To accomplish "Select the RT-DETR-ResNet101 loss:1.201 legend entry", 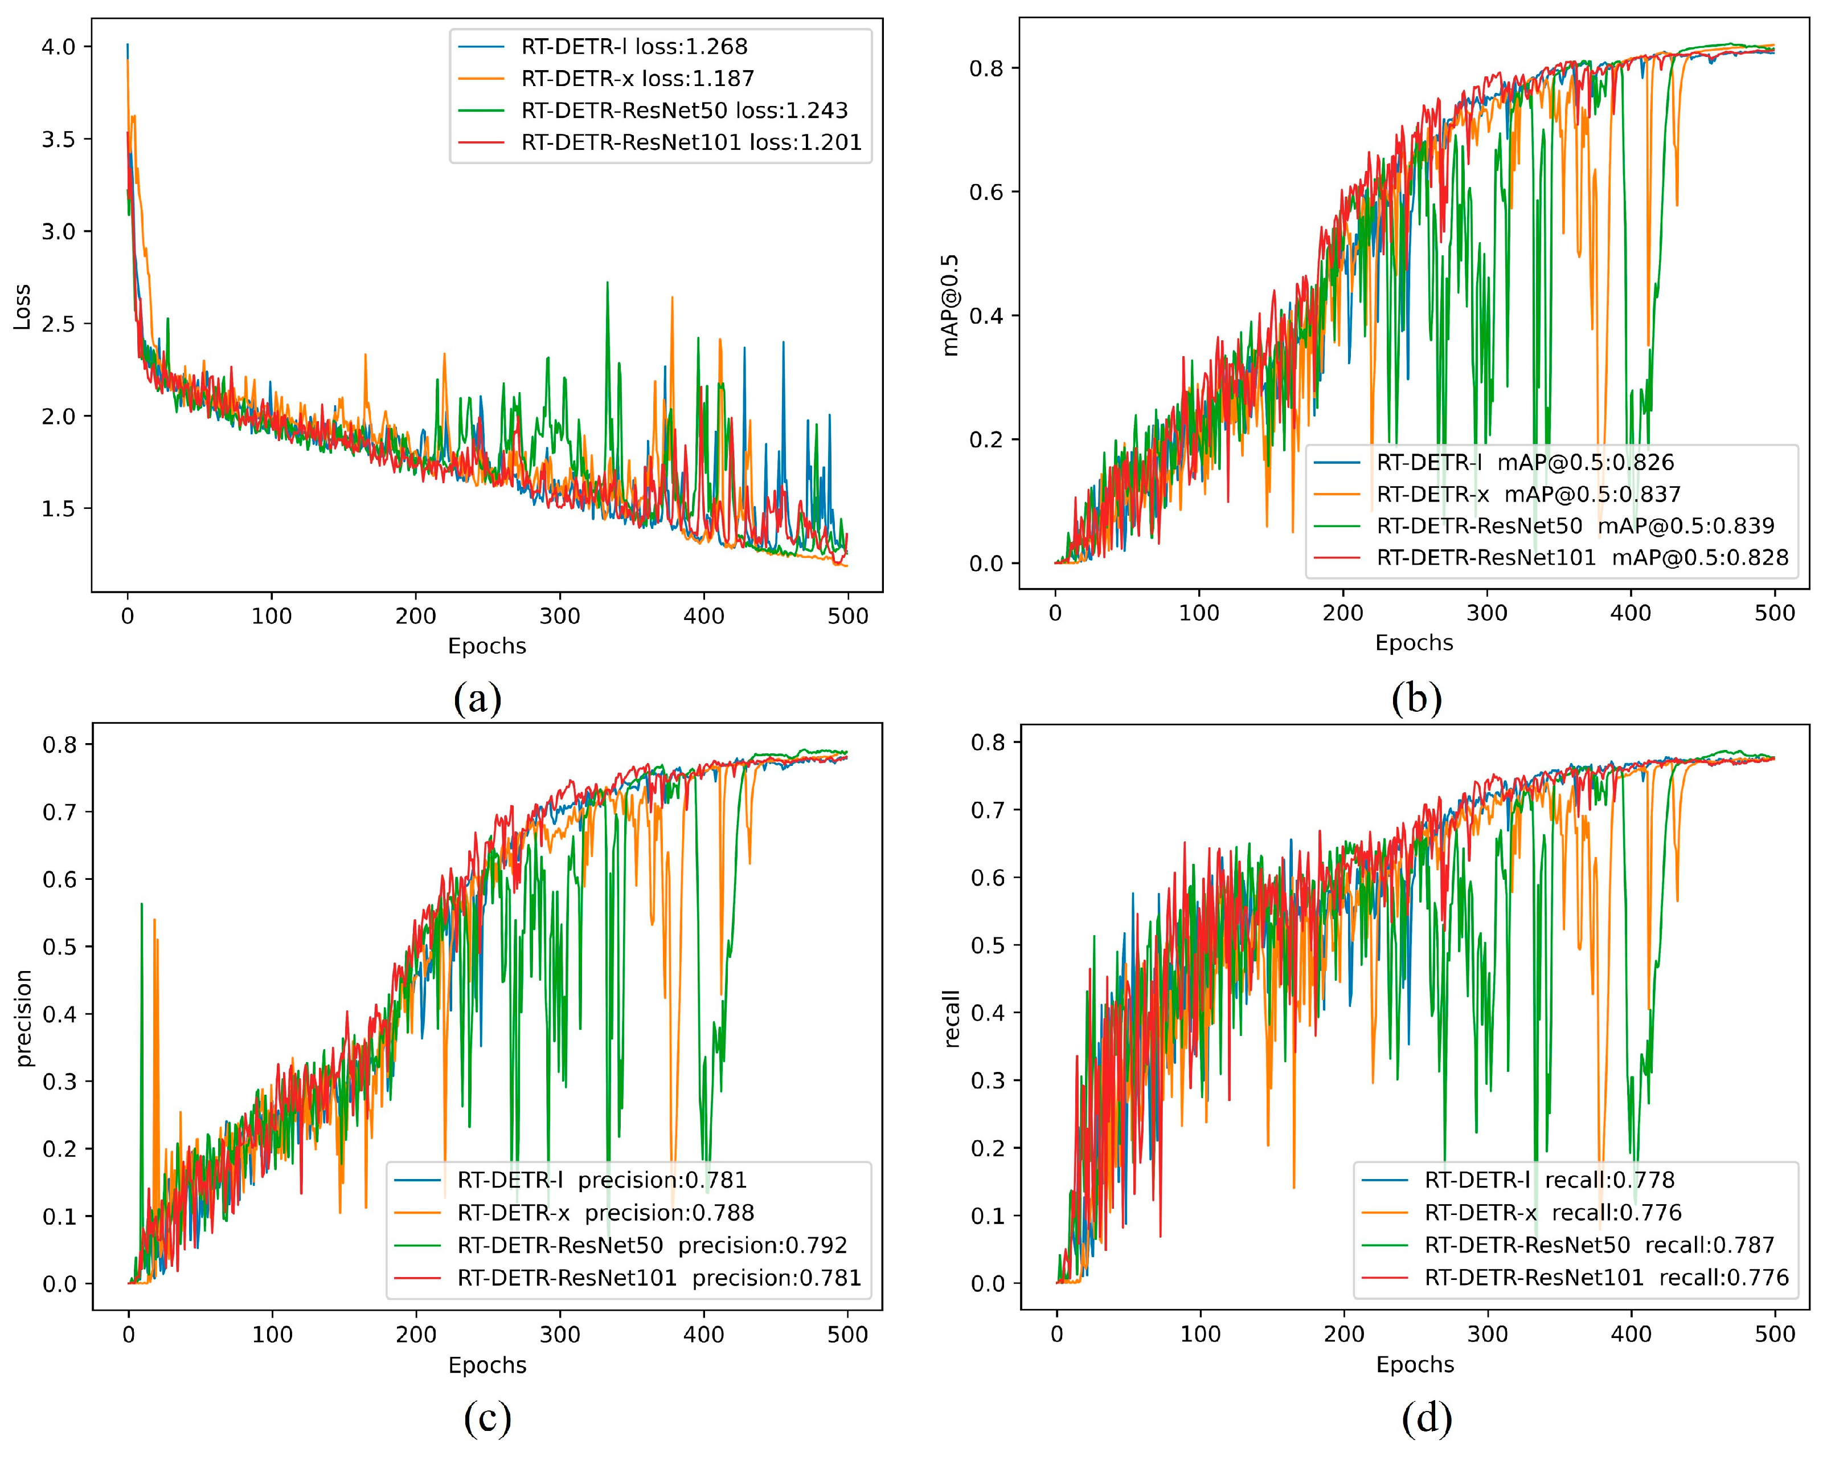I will [x=691, y=142].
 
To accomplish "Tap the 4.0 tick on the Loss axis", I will [x=59, y=47].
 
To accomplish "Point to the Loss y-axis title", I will [x=22, y=307].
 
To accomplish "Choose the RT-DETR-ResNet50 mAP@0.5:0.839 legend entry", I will [x=1575, y=525].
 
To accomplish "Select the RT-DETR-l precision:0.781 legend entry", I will [x=601, y=1180].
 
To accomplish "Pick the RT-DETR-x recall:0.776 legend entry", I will [x=1552, y=1213].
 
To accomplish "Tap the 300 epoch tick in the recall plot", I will [x=1488, y=1333].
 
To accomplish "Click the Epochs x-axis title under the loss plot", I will [x=488, y=646].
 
